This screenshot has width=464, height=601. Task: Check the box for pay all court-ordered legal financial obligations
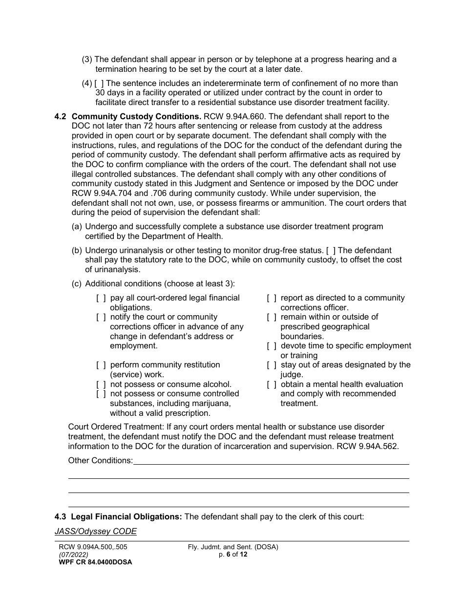click(101, 298)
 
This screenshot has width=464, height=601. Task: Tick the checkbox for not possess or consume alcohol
click(101, 385)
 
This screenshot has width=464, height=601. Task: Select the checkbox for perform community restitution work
click(101, 365)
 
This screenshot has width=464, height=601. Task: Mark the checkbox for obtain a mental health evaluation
click(272, 385)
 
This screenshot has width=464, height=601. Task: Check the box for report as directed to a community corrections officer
click(272, 298)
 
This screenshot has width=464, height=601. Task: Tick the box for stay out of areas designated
click(272, 365)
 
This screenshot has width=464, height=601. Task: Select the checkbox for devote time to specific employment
click(272, 346)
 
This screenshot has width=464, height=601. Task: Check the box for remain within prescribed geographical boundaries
click(272, 317)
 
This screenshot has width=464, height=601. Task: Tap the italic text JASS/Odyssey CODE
click(96, 532)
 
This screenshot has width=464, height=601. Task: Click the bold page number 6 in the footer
click(228, 555)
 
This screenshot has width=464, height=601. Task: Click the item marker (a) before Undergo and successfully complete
click(77, 227)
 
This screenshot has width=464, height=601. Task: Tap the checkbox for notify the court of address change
click(101, 317)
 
